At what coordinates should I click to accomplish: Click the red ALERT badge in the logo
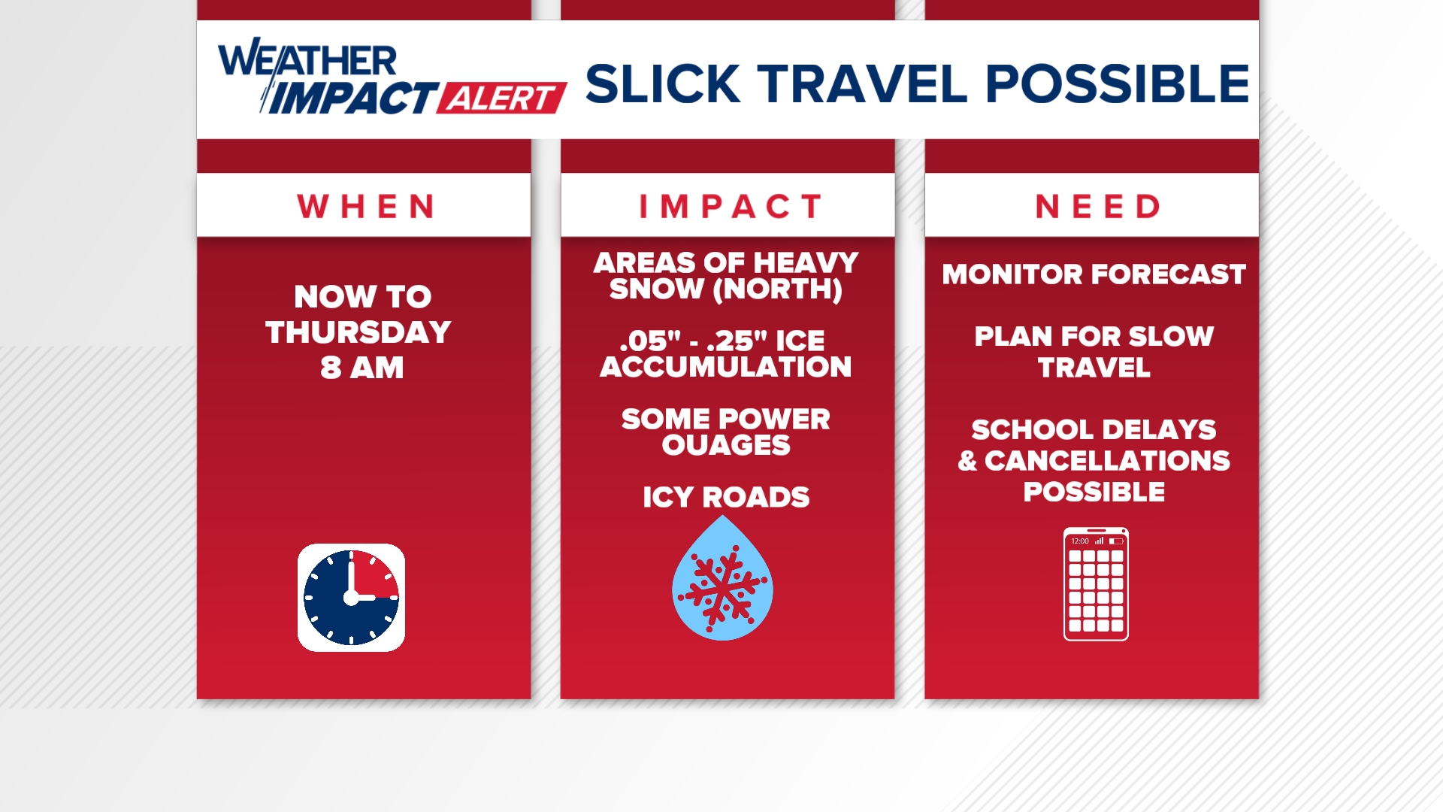click(501, 98)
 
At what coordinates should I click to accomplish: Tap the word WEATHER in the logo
click(307, 60)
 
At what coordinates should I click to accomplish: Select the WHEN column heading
click(365, 206)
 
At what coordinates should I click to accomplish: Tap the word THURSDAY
click(358, 332)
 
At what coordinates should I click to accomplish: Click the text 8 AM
click(362, 368)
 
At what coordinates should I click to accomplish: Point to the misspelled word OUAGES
click(726, 445)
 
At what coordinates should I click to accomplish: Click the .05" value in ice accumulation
click(644, 341)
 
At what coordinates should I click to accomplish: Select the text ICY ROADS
click(726, 497)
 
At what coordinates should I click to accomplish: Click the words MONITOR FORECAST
click(1094, 274)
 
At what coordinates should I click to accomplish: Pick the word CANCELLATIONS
click(1107, 460)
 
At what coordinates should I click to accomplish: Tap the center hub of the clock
click(351, 598)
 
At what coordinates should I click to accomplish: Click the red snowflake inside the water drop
click(722, 587)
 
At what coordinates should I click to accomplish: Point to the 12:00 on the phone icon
click(1080, 541)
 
